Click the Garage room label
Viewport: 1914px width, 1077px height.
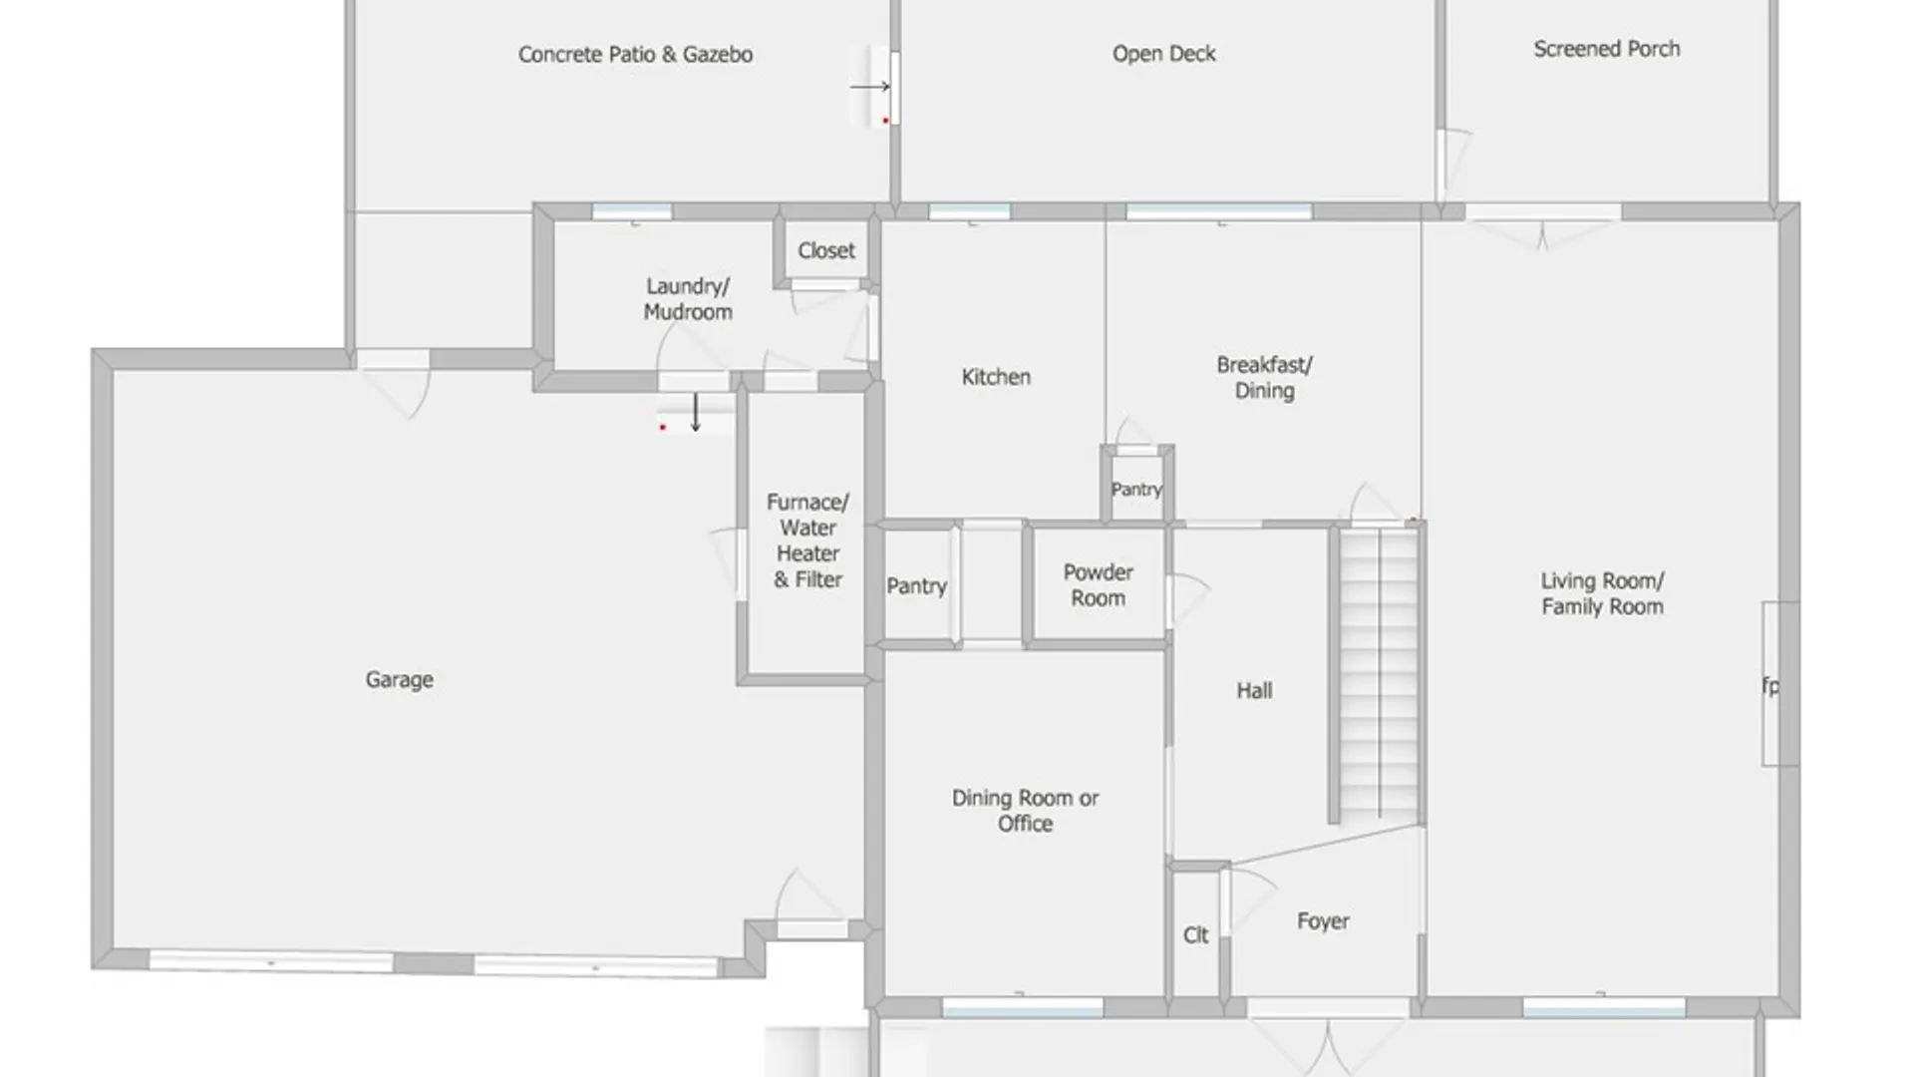coord(399,680)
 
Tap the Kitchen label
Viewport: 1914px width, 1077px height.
coord(996,377)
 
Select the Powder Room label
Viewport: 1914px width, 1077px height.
coord(1098,585)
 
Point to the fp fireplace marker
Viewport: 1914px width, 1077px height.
coord(1770,686)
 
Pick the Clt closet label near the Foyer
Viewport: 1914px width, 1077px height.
coord(1195,935)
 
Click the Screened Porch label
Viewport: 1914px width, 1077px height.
coord(1606,49)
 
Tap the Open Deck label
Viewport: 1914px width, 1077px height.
coord(1163,54)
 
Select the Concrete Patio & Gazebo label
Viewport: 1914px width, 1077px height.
coord(635,55)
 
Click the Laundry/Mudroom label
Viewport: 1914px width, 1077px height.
coord(688,299)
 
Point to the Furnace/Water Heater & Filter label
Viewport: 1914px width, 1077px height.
coord(807,540)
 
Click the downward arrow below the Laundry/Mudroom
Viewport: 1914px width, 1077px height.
coord(696,412)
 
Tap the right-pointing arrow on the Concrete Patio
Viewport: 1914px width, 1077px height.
coord(869,87)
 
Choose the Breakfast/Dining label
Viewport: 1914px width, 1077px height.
coord(1264,378)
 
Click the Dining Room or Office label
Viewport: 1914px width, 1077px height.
coord(1025,811)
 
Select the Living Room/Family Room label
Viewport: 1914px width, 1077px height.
coord(1602,594)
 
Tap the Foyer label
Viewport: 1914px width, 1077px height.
coord(1323,921)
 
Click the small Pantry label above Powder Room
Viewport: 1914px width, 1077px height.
coord(1136,490)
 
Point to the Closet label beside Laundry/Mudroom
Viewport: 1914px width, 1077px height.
coord(826,251)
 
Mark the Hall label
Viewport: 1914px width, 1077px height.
coord(1254,690)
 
